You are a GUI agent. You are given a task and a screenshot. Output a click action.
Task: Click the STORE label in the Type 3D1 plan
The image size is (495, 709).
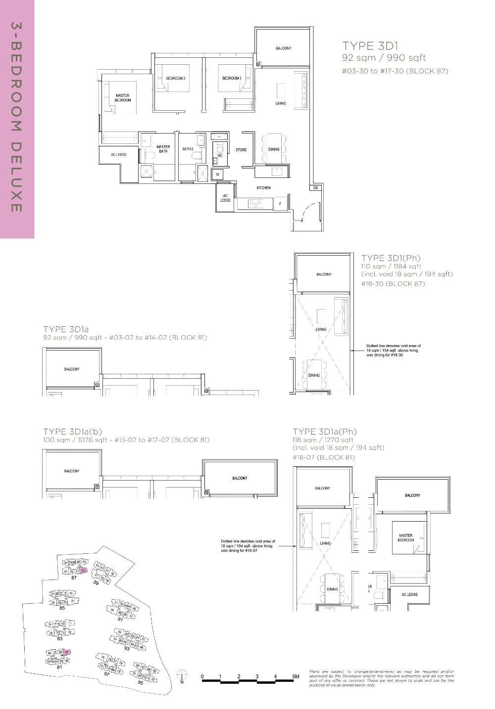tap(241, 149)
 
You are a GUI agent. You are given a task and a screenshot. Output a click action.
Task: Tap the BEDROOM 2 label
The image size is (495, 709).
tap(176, 78)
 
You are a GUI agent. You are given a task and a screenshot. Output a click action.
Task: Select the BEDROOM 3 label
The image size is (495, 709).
tap(232, 78)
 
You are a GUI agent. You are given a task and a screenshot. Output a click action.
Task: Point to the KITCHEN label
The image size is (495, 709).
tap(263, 188)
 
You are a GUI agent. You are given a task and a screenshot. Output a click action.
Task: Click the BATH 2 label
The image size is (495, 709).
tap(188, 148)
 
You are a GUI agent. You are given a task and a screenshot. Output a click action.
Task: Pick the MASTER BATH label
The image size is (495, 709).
tap(163, 149)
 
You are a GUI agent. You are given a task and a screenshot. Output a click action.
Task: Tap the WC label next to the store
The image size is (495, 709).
tap(220, 155)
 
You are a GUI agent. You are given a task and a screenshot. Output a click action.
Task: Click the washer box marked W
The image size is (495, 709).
tap(217, 175)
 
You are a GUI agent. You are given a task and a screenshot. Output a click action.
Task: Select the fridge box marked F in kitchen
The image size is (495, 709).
tap(280, 203)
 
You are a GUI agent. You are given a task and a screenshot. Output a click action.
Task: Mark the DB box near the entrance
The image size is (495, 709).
tap(315, 188)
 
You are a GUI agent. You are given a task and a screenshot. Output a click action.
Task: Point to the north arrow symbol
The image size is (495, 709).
tap(182, 675)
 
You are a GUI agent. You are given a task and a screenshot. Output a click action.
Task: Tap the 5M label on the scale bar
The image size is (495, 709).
tap(295, 676)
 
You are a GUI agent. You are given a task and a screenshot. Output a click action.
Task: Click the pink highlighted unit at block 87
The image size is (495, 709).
tap(84, 570)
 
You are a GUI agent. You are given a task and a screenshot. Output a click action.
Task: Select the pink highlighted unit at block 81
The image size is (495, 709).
tap(67, 653)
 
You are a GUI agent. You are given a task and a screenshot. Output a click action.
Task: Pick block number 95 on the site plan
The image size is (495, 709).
tap(140, 683)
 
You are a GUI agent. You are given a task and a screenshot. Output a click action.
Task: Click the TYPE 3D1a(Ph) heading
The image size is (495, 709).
tap(324, 432)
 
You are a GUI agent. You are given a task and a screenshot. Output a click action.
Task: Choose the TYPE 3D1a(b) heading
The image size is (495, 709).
tap(73, 432)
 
